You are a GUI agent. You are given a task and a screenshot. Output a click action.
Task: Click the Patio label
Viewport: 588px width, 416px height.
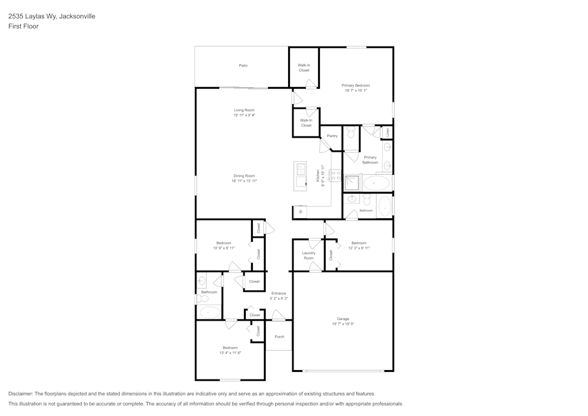tap(243, 65)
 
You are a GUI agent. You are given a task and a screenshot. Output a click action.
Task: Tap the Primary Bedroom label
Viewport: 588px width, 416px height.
tap(356, 85)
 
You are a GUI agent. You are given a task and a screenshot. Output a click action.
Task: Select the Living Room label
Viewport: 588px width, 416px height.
tap(244, 110)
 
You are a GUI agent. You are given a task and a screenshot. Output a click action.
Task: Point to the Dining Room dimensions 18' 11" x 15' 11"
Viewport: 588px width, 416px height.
tap(244, 181)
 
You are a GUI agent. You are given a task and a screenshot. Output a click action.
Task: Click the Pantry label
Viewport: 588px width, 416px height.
tap(332, 136)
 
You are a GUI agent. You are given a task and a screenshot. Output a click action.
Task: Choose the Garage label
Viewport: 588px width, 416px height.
tap(343, 319)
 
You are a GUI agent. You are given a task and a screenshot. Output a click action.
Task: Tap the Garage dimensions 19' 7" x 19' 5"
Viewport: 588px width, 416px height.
tap(343, 324)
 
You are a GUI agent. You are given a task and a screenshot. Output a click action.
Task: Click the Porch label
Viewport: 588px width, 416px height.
tap(279, 337)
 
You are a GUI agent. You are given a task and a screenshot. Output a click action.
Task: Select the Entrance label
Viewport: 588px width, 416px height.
tap(279, 293)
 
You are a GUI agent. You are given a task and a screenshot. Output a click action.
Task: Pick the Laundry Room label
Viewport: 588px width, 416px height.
tap(309, 255)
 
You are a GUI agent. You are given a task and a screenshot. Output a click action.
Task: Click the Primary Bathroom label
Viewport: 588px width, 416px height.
tap(370, 159)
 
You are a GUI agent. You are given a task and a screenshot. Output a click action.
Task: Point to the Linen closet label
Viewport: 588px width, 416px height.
tap(387, 132)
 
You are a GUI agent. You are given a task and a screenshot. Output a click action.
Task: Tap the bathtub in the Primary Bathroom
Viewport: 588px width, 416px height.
tap(375, 184)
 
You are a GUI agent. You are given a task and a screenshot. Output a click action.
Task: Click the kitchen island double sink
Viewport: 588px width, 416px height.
tap(300, 169)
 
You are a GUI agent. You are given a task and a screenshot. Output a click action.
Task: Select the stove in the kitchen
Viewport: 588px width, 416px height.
tap(336, 175)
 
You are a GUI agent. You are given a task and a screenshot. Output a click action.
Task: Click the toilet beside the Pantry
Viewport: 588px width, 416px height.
tap(351, 134)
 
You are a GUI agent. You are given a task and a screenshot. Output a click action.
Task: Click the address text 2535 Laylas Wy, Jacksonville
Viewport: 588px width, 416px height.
tap(52, 16)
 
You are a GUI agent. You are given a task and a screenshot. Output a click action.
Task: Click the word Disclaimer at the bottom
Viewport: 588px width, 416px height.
tap(21, 394)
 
